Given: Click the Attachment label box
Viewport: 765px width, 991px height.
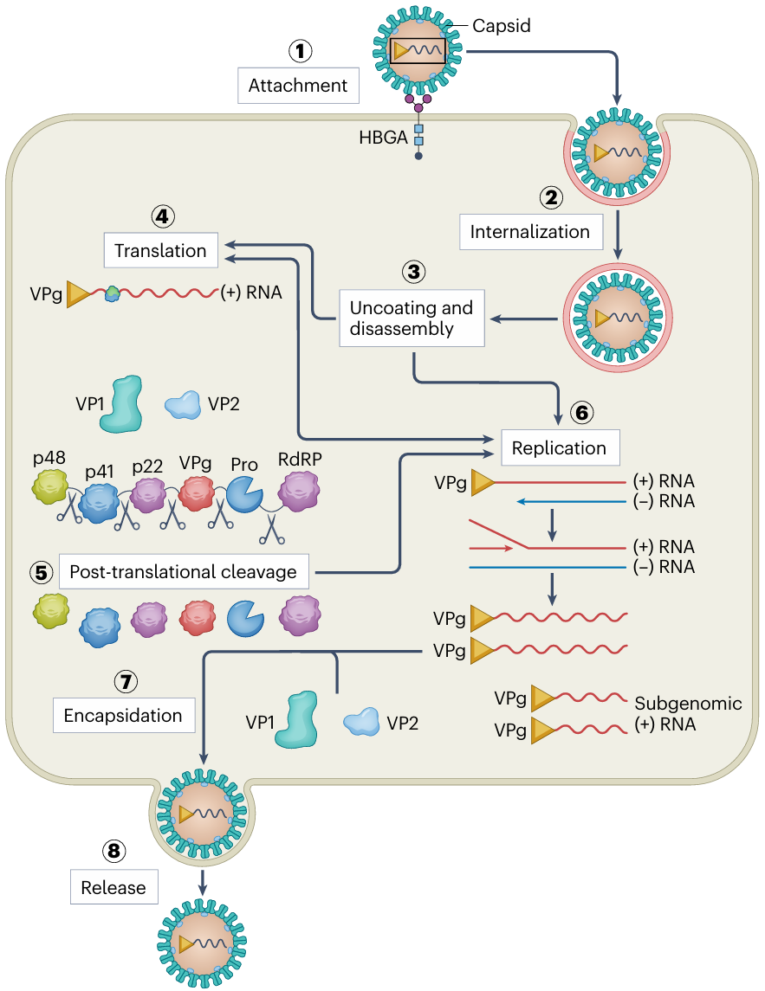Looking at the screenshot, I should (x=297, y=86).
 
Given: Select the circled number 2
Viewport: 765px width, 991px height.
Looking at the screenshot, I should (x=552, y=197).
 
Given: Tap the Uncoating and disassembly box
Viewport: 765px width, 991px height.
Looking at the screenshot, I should (x=412, y=318).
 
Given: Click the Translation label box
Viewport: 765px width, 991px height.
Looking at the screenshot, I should (x=160, y=251).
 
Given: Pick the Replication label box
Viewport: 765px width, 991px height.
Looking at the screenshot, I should (x=559, y=448).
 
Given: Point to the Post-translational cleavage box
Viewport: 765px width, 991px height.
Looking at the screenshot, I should (x=183, y=572).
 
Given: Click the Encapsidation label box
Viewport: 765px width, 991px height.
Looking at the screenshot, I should (x=123, y=716).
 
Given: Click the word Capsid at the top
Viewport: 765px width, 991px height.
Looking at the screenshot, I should (x=501, y=26).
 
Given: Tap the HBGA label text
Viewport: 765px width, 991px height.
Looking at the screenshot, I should (x=384, y=138).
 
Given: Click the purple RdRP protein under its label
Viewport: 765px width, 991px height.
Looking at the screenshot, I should (x=300, y=497).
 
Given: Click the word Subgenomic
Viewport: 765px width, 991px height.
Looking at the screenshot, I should (x=688, y=703).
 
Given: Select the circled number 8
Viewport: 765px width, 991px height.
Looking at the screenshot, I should (x=113, y=852).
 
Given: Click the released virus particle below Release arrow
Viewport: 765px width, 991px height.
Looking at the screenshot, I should (x=201, y=943).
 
